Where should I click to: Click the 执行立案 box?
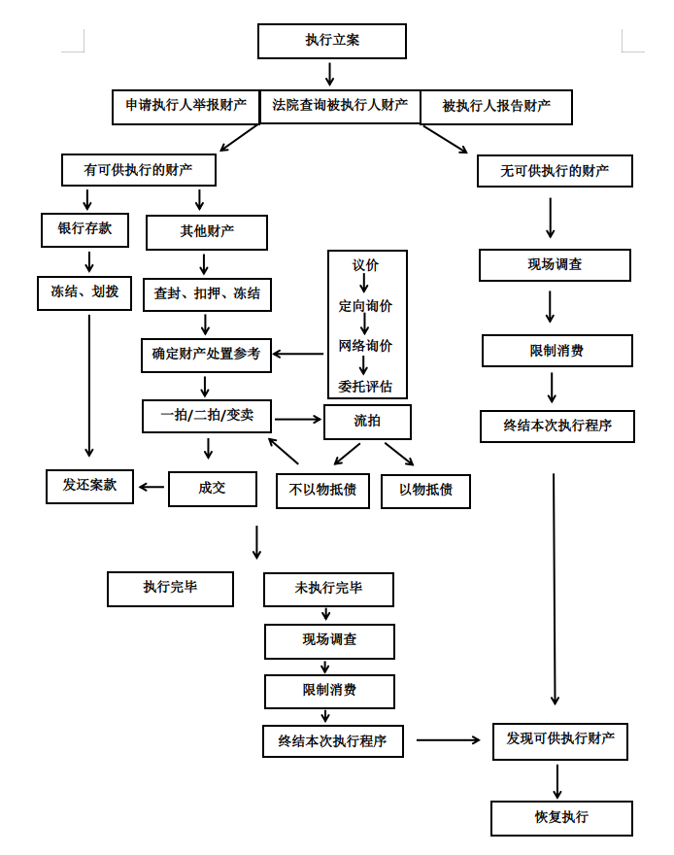(331, 42)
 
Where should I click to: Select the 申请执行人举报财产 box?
(185, 106)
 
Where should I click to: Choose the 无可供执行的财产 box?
(555, 171)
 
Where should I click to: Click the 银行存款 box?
(84, 229)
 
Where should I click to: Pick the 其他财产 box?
(207, 232)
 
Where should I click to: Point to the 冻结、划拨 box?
(84, 291)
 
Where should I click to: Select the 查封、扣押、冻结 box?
(207, 292)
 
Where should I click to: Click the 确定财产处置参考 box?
(206, 355)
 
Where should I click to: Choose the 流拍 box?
(367, 421)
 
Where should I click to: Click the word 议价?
(365, 265)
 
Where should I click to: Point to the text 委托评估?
(365, 386)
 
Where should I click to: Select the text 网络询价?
(365, 346)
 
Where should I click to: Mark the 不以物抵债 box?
(322, 491)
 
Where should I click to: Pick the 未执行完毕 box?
(328, 589)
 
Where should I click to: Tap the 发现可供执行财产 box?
(560, 740)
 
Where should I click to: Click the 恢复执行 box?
(561, 817)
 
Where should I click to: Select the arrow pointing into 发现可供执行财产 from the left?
(448, 740)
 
